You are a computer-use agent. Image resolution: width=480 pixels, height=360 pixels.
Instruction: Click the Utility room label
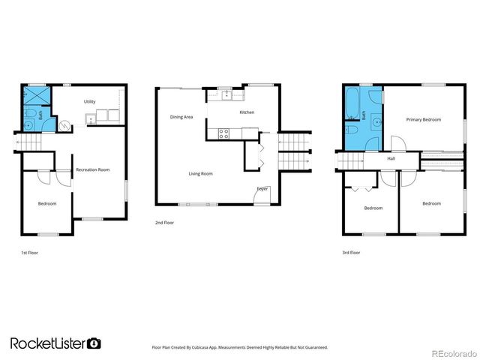point(89,100)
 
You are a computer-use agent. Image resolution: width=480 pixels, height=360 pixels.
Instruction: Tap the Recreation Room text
point(93,170)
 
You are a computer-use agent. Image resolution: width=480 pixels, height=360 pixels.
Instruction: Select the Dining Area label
point(181,117)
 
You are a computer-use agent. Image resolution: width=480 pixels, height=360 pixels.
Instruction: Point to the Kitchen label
point(247,112)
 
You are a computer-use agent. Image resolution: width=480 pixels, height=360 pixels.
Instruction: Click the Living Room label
point(200,174)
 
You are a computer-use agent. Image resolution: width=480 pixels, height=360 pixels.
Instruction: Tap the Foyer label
point(262,188)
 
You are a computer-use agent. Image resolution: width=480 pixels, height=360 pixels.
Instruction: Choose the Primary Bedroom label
point(424,120)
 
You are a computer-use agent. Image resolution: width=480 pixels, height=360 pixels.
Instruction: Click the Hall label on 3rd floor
point(391,159)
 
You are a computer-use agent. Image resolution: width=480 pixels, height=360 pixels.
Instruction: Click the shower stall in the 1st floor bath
point(34,95)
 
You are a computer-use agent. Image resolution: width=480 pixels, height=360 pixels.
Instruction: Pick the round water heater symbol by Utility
point(64,127)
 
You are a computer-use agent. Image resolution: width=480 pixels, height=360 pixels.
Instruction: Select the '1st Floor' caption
point(29,253)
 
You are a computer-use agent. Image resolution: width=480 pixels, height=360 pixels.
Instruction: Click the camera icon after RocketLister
point(94,343)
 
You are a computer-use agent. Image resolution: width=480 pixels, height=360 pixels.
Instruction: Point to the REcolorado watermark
point(453,352)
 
